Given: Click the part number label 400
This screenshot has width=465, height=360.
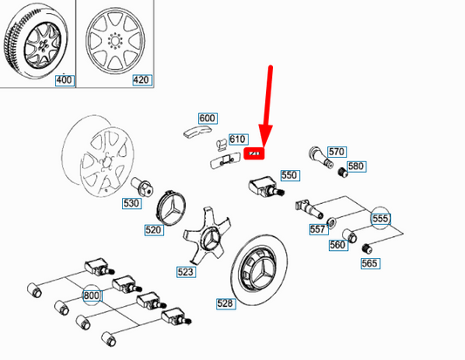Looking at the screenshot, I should [x=64, y=80].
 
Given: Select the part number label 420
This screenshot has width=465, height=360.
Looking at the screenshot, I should [x=140, y=80].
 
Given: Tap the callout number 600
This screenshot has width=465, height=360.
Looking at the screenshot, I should [x=207, y=119].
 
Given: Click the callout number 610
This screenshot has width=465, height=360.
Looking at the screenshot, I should [x=237, y=139].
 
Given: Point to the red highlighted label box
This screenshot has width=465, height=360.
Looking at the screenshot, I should [x=255, y=154].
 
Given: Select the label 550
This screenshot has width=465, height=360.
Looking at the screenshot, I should [x=290, y=175].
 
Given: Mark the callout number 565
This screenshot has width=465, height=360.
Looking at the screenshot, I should [x=371, y=263].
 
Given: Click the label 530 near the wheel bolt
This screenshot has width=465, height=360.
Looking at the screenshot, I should [x=131, y=204].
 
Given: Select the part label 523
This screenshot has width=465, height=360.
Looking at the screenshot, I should [x=185, y=272].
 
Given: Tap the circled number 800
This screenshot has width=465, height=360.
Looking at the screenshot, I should [x=91, y=295].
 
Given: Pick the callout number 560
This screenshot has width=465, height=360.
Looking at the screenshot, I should [x=338, y=245].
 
